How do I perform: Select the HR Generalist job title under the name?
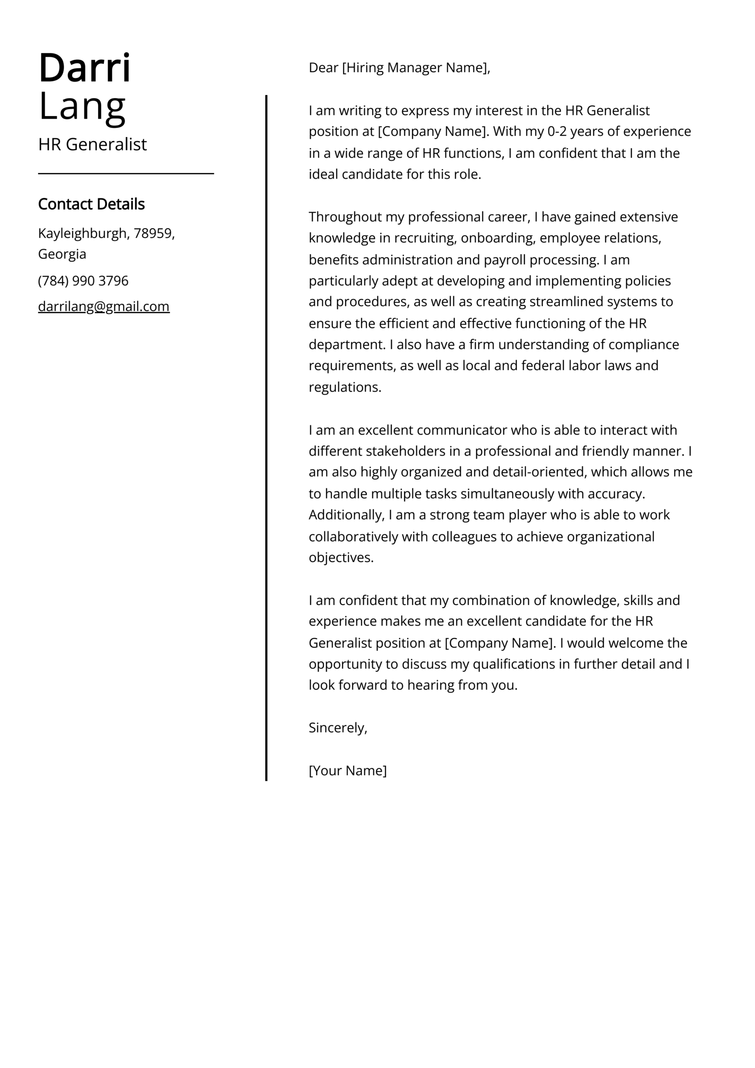(x=92, y=144)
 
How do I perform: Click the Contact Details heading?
(x=91, y=204)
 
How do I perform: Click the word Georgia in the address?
(x=62, y=254)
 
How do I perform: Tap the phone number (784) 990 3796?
(x=83, y=280)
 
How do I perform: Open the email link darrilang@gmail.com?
(x=103, y=306)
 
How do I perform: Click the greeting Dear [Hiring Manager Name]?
(x=399, y=68)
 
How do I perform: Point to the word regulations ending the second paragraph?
(x=344, y=387)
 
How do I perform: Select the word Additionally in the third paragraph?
(x=346, y=515)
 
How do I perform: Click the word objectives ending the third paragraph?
(x=340, y=557)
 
